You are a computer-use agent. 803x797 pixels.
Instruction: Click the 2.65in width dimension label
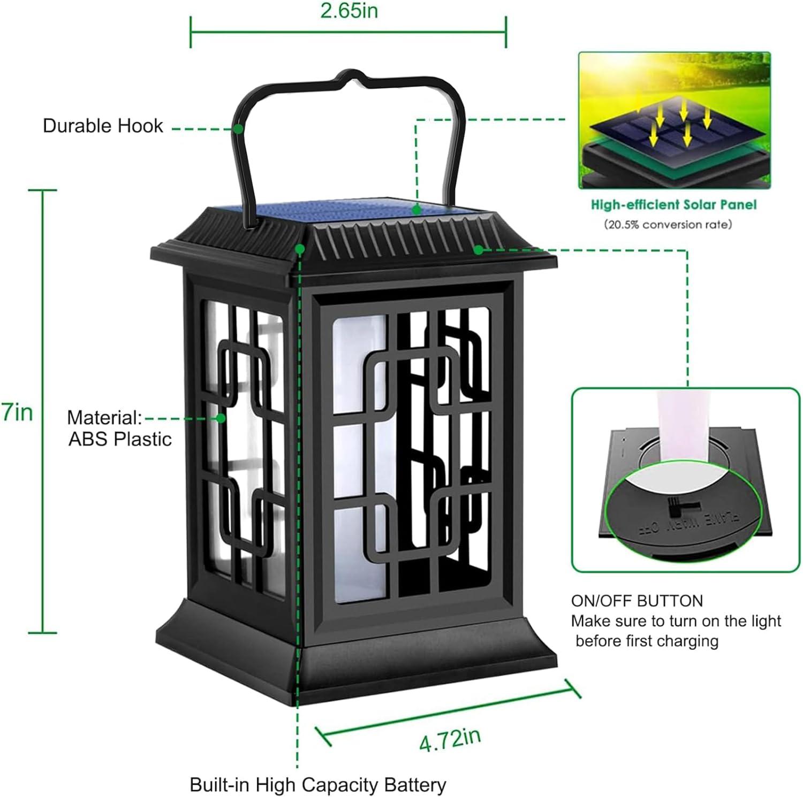click(349, 11)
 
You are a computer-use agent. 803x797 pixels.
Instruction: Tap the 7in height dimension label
click(17, 412)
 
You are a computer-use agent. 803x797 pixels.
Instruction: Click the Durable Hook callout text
click(103, 126)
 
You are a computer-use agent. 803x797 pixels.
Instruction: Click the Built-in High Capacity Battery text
click(318, 785)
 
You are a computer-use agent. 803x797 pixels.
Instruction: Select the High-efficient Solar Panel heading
click(673, 204)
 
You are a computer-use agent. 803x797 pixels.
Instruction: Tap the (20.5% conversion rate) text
click(668, 225)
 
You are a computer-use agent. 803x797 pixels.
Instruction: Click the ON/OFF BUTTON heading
click(637, 601)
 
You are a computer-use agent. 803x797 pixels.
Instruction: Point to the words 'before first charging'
click(647, 641)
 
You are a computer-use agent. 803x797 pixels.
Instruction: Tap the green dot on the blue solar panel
click(416, 210)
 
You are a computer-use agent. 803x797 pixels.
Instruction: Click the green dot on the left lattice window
click(221, 418)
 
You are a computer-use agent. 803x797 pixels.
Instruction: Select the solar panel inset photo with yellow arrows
click(674, 120)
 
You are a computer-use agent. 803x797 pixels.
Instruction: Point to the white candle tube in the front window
click(359, 455)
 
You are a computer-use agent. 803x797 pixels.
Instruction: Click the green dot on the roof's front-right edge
click(478, 249)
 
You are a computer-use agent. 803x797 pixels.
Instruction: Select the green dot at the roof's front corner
click(300, 249)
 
